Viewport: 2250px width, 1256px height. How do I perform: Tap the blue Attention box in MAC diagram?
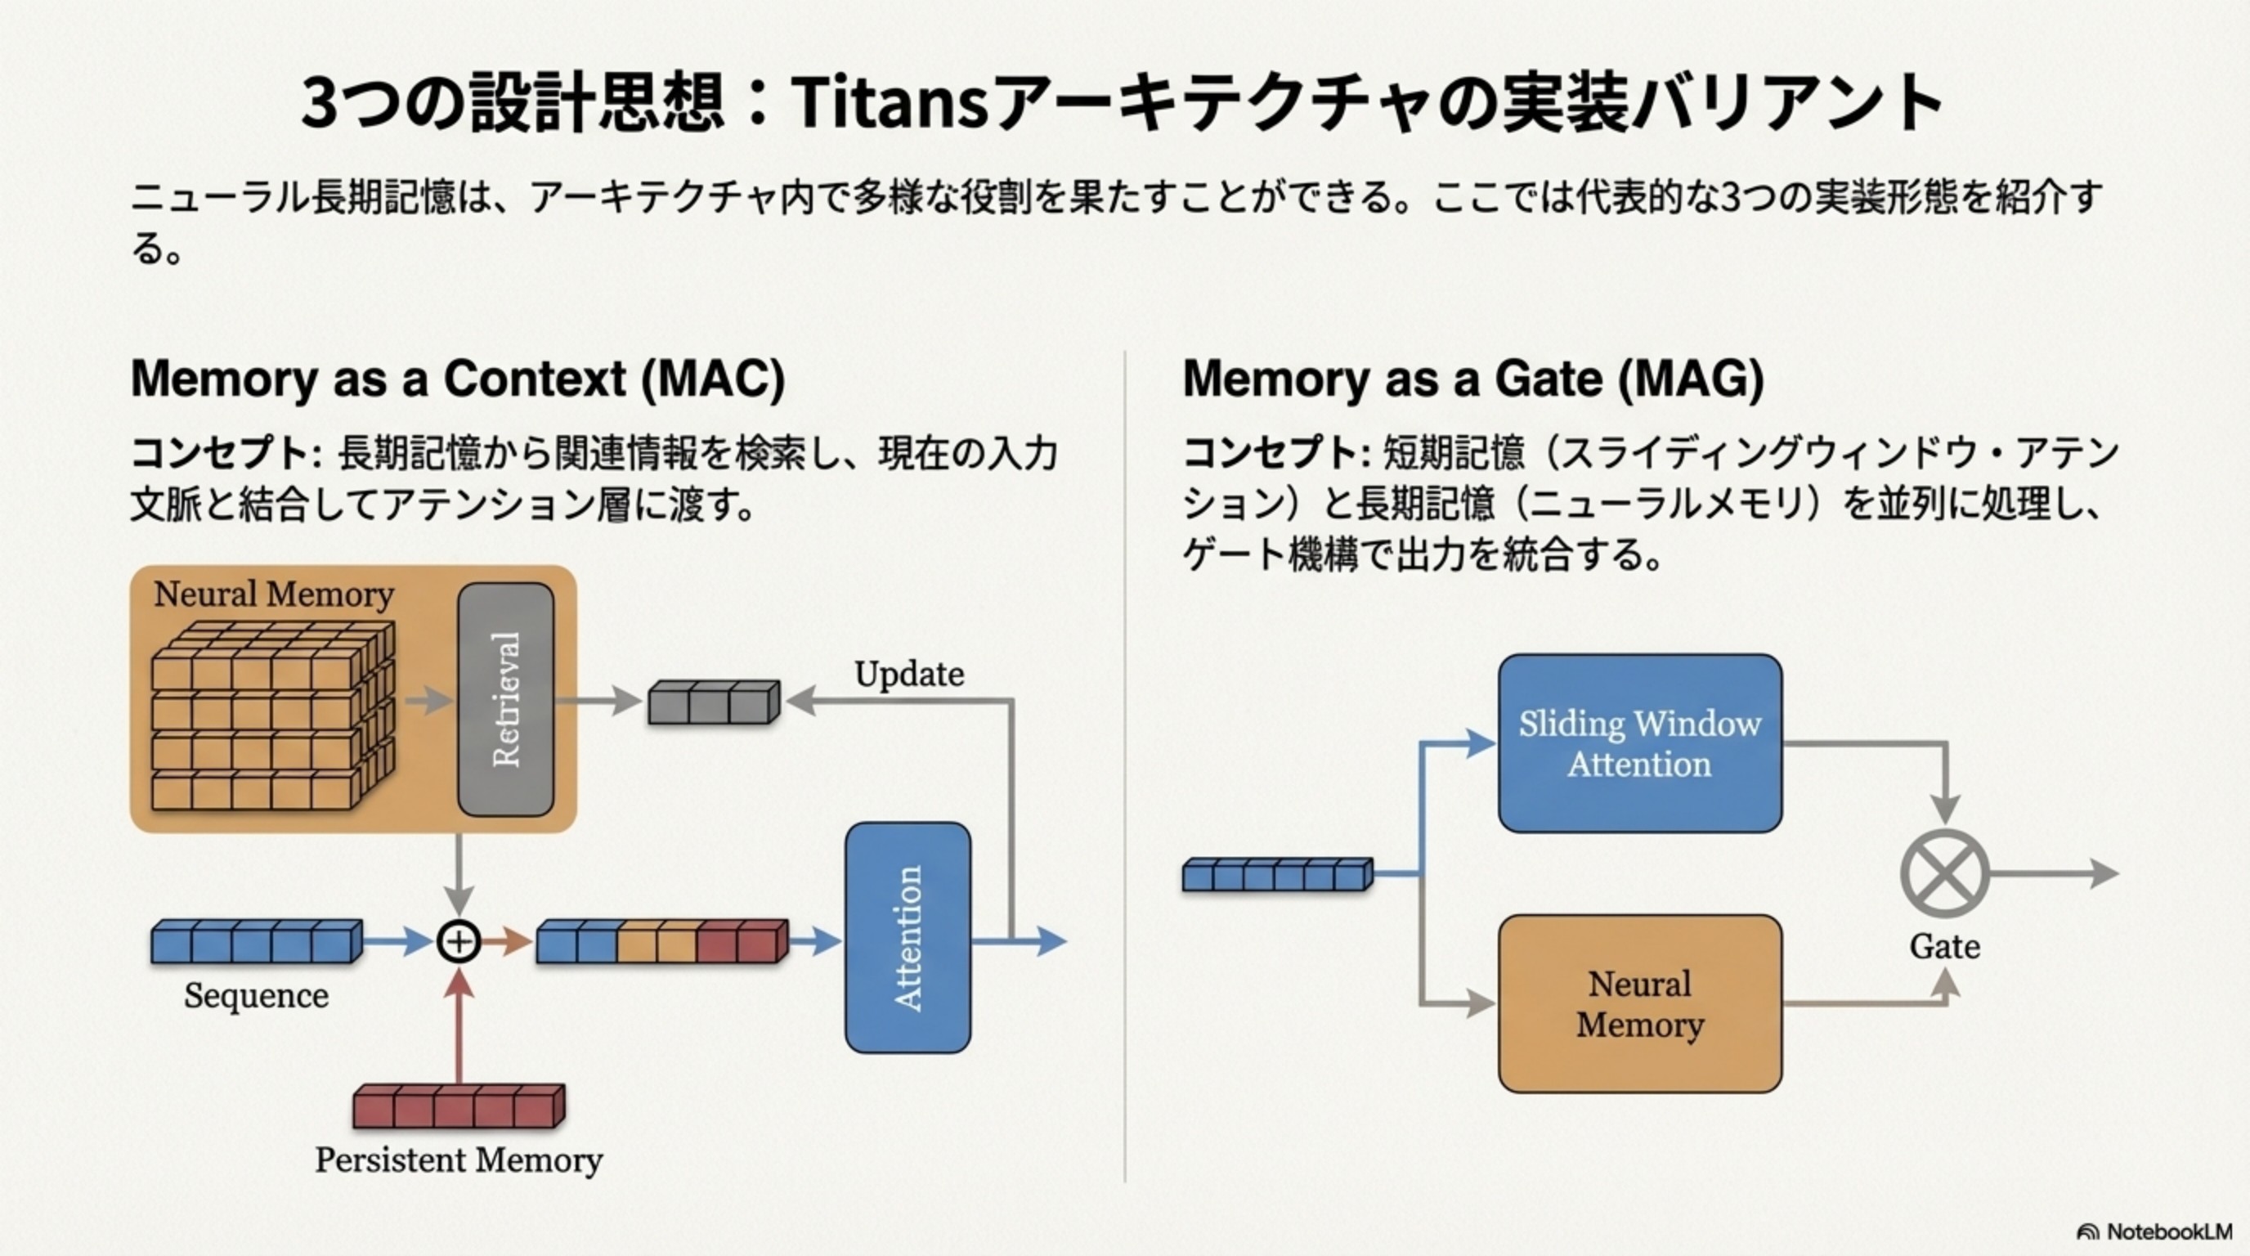pos(908,937)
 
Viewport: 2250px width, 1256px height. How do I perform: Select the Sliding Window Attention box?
pos(1639,743)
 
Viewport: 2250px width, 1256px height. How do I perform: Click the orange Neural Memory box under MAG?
pos(1639,1003)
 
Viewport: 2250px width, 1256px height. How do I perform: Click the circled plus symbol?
pos(459,941)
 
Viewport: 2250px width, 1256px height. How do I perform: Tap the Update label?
pos(909,675)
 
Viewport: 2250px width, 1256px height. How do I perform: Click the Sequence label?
pos(256,996)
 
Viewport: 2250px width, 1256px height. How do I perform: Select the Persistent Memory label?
pos(459,1160)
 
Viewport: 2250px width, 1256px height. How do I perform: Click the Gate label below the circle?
pos(1944,946)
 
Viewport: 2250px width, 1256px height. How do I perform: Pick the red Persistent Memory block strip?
pos(459,1106)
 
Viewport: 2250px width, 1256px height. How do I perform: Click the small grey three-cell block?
pos(713,702)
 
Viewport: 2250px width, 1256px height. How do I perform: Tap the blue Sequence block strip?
pos(256,941)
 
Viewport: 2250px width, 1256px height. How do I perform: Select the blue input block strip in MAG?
pos(1277,874)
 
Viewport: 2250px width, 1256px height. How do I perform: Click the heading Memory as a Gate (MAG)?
pos(1472,379)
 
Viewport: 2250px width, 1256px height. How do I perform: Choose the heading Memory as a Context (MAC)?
pos(458,379)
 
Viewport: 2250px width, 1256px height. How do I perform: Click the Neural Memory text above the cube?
pos(273,594)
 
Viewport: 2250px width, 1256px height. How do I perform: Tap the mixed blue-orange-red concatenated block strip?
pos(661,941)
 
